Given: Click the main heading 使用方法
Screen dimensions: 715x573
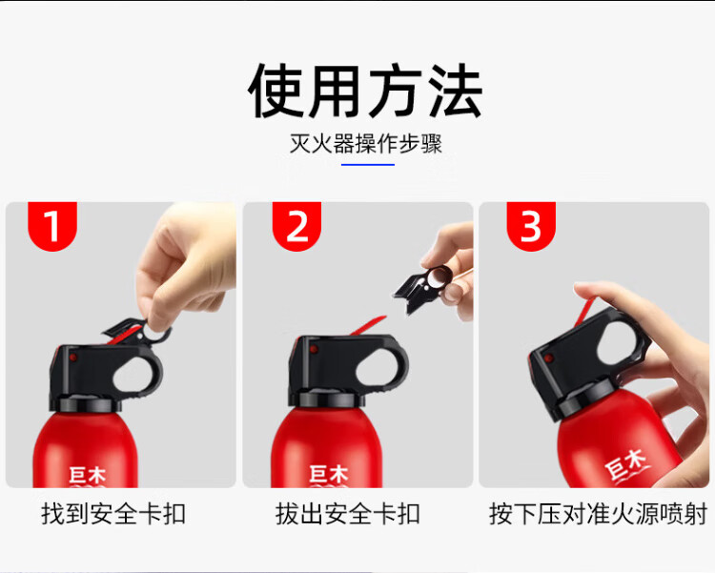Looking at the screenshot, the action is click(365, 91).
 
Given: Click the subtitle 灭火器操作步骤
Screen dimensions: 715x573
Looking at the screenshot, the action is click(366, 144).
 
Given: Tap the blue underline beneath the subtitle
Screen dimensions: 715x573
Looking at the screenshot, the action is click(368, 164).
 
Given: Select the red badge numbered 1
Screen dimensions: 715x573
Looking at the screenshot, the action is click(52, 226).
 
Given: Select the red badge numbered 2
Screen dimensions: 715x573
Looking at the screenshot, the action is click(296, 226).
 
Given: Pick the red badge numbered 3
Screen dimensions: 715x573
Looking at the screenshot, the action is click(531, 226).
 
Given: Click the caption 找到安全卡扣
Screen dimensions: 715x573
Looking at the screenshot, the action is click(113, 514).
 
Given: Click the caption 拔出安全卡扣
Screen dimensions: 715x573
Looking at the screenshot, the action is click(348, 514).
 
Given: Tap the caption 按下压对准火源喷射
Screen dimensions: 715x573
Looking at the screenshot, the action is click(599, 514).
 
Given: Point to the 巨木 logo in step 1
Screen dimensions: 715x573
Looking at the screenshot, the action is click(87, 476).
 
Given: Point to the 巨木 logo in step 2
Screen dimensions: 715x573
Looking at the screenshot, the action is click(328, 475).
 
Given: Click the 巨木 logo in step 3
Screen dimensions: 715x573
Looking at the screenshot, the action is click(625, 463).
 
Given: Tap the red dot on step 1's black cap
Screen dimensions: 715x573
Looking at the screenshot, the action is click(73, 358).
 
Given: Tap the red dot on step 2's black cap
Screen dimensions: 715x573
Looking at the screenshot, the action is click(314, 350).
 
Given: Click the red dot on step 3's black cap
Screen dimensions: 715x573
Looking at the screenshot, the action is click(549, 358).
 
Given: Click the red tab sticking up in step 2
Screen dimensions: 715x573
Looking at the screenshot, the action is click(368, 326).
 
